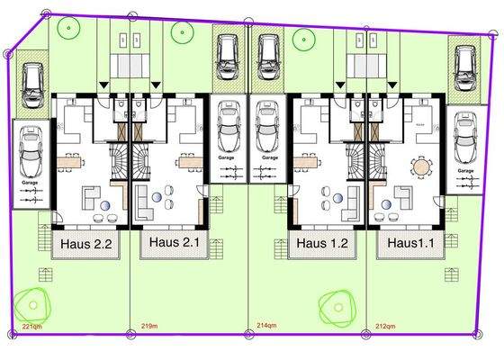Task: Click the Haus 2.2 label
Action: (x=86, y=243)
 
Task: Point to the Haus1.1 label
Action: (x=410, y=243)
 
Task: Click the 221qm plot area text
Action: (x=31, y=326)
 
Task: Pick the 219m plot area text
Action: (x=149, y=326)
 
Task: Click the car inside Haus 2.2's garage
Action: (x=30, y=153)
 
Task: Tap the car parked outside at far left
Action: (x=31, y=78)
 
